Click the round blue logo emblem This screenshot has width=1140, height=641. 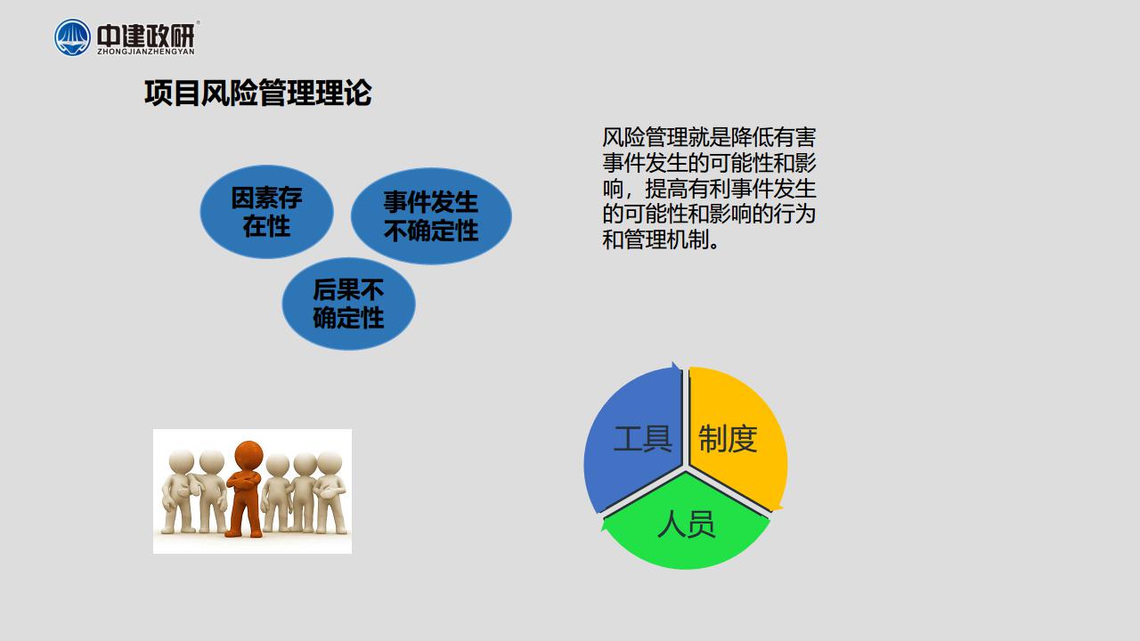pyautogui.click(x=72, y=37)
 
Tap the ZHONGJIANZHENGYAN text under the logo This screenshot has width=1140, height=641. pyautogui.click(x=146, y=52)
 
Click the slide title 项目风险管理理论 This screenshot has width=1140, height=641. pyautogui.click(x=258, y=93)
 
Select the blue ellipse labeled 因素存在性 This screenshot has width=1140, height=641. pyautogui.click(x=266, y=212)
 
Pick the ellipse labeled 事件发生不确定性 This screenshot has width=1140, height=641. pyautogui.click(x=431, y=216)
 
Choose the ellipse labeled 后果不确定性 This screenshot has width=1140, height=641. pyautogui.click(x=348, y=304)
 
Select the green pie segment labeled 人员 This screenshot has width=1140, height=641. pyautogui.click(x=686, y=524)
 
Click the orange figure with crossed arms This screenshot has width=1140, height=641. pyautogui.click(x=247, y=490)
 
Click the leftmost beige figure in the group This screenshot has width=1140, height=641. pyautogui.click(x=178, y=491)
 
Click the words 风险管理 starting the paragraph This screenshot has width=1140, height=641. pyautogui.click(x=645, y=137)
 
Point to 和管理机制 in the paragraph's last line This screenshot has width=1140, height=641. pyautogui.click(x=655, y=239)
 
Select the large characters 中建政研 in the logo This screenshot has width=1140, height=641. pyautogui.click(x=146, y=35)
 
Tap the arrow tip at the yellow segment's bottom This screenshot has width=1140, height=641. pyautogui.click(x=778, y=508)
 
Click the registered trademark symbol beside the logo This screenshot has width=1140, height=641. pyautogui.click(x=198, y=22)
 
